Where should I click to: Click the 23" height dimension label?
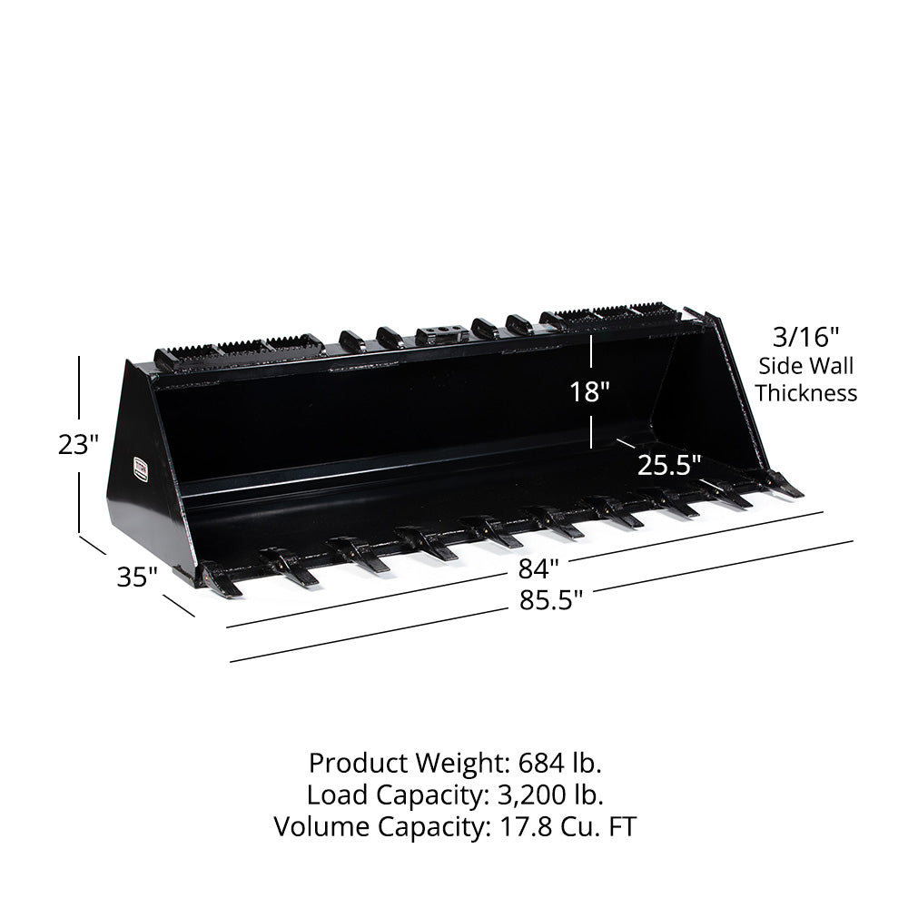click(78, 445)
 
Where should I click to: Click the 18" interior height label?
click(589, 392)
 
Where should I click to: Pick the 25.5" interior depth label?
click(669, 466)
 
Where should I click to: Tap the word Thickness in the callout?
click(806, 393)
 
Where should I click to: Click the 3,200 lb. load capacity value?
click(551, 794)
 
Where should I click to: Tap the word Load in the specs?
click(336, 794)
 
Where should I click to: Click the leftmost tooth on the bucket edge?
click(221, 580)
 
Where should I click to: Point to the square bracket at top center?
click(442, 332)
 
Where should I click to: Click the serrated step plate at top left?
click(240, 350)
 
